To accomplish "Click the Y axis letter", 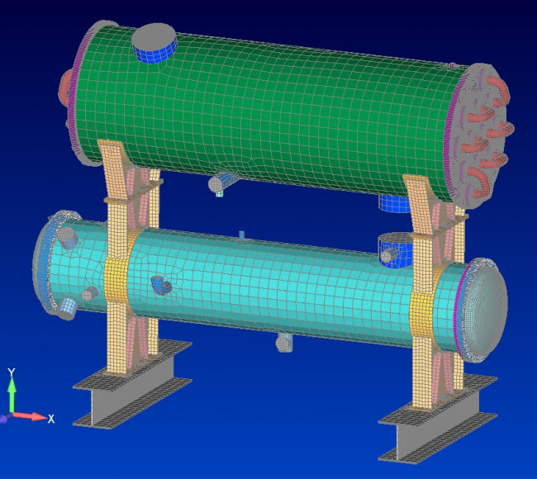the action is click(x=12, y=372).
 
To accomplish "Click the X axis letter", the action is click(x=51, y=419).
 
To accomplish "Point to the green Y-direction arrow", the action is click(x=12, y=395).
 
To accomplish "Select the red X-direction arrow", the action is click(x=30, y=416).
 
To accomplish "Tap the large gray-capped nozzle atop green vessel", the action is click(x=154, y=42).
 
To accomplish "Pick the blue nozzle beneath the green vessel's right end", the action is click(x=394, y=203).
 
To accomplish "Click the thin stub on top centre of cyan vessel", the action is click(x=241, y=235).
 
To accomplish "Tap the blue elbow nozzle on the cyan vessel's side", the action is click(x=161, y=286).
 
